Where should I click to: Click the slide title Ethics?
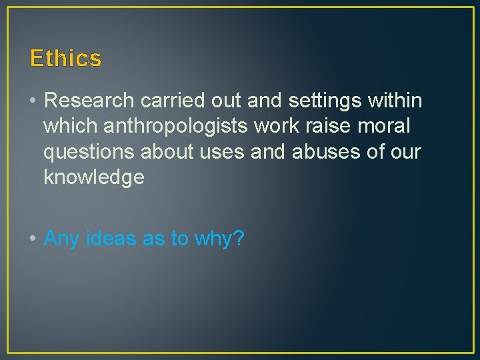coord(66,59)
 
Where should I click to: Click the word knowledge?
coord(94,177)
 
